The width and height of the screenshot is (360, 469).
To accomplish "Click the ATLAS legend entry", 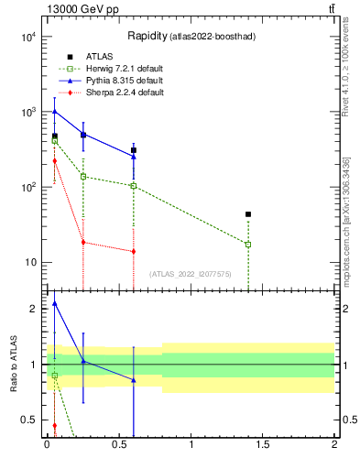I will pos(98,57).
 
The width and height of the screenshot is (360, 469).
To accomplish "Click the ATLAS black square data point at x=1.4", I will pos(248,214).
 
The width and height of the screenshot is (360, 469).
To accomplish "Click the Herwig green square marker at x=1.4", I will pos(248,244).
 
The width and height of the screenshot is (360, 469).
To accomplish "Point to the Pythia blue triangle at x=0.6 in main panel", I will pos(134,157).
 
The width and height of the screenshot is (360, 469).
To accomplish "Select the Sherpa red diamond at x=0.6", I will pos(134,251).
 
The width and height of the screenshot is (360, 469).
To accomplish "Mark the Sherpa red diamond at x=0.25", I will pos(83,242).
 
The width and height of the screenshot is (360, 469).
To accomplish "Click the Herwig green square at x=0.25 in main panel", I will pos(83,177).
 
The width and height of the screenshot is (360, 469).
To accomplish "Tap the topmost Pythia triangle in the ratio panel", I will pos(55,303).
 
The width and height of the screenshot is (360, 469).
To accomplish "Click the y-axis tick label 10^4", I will pos(27,37).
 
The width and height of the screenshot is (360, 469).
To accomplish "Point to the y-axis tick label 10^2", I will pos(27,187).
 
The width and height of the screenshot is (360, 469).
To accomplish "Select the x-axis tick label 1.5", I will pos(263,446).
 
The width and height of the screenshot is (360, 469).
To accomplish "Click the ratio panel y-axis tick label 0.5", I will pos(29,420).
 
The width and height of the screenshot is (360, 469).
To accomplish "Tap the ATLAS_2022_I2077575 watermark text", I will pos(191,274).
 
